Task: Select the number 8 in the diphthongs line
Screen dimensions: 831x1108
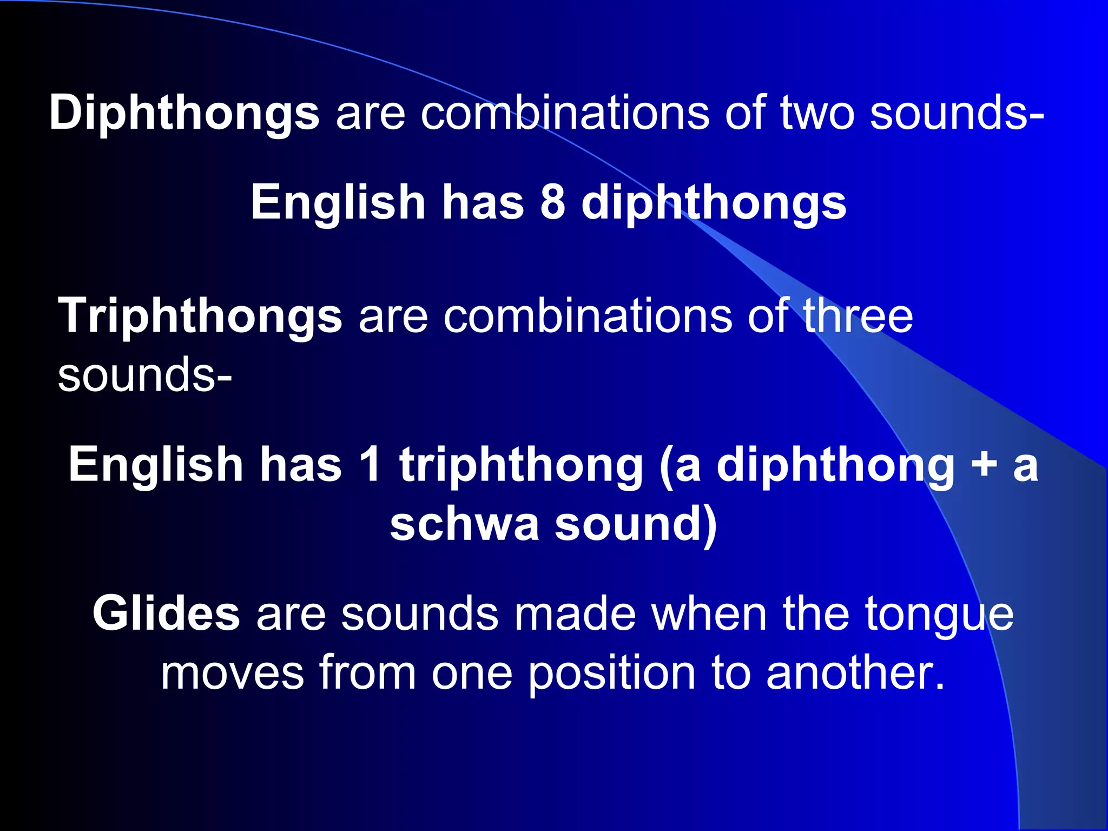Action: pos(552,202)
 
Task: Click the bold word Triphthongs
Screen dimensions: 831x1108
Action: pos(200,316)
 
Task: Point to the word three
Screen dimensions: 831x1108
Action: pos(858,316)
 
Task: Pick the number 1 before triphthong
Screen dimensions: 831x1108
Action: pos(371,464)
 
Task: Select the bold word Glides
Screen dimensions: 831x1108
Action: pos(166,613)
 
